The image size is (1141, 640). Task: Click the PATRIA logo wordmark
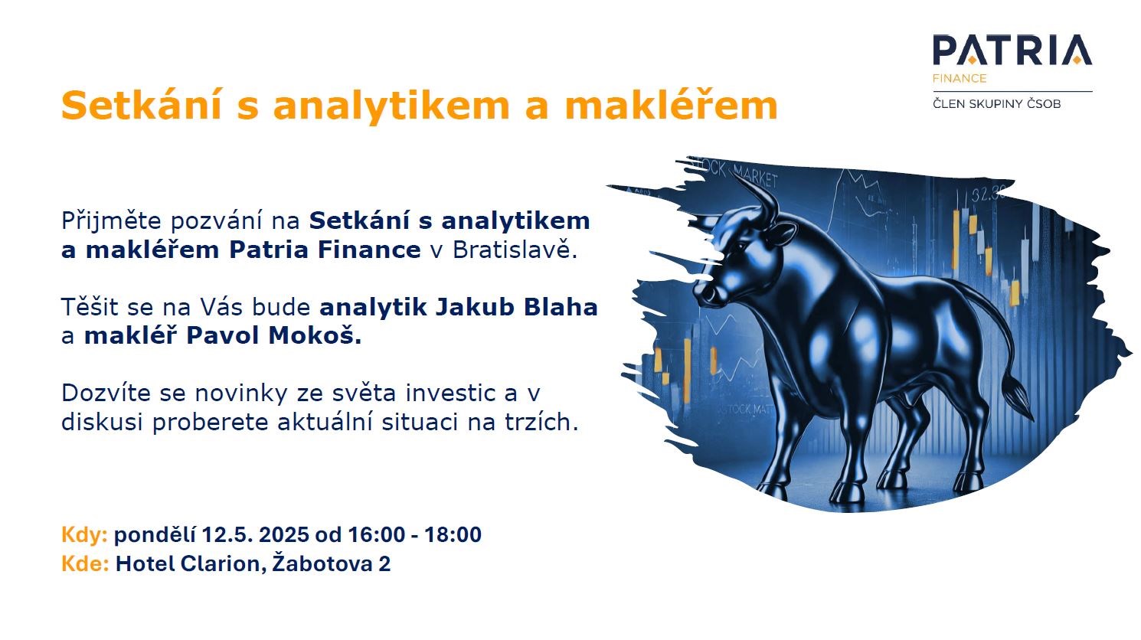tap(1012, 51)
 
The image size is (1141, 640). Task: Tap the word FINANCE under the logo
tap(960, 78)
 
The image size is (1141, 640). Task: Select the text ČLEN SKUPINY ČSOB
tap(996, 104)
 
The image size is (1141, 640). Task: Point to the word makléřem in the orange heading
tap(671, 105)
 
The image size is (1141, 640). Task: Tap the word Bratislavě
tap(514, 250)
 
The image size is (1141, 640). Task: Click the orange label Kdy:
tap(84, 534)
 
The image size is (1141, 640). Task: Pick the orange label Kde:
tap(85, 564)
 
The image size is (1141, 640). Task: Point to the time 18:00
tap(453, 534)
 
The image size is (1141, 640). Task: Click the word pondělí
tap(155, 535)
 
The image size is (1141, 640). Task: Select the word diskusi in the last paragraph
tap(102, 422)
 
